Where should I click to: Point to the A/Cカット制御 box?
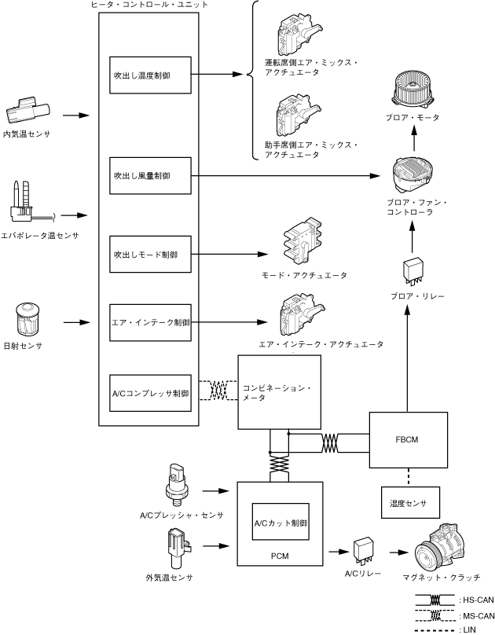click(280, 522)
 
